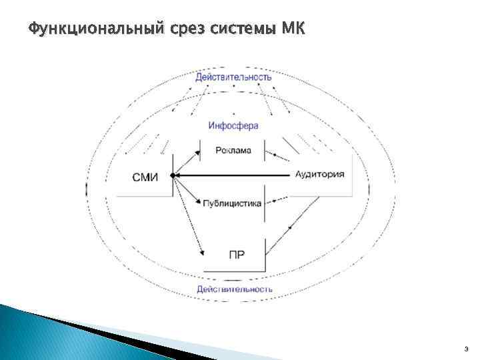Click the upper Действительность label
click(233, 77)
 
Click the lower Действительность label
click(234, 289)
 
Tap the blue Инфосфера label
click(233, 125)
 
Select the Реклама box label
click(233, 151)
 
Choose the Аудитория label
click(319, 175)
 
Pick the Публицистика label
click(232, 204)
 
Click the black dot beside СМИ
click(173, 175)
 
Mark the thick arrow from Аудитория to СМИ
click(233, 175)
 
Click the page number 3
click(466, 348)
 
